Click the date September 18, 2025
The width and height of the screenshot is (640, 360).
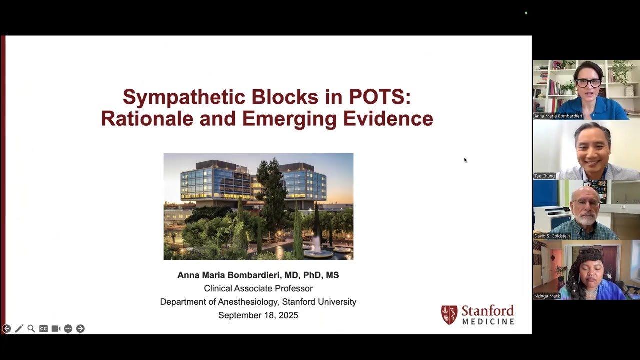tap(258, 315)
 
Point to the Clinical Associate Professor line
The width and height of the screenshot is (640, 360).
tap(258, 288)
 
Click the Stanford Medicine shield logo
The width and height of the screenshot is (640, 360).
tap(449, 315)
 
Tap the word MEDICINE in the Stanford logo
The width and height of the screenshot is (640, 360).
tap(488, 322)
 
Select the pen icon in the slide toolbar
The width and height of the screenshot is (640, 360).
tap(19, 329)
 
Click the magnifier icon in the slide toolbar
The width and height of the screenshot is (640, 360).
tap(31, 329)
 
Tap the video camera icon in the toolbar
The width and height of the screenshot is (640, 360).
tap(56, 329)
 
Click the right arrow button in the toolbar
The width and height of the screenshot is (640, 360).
tap(80, 329)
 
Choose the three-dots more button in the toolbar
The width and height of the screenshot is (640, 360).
tap(68, 329)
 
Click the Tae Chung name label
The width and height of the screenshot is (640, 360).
tap(544, 176)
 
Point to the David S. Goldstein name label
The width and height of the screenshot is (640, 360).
tap(552, 236)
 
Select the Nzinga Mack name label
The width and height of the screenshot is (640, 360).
tap(547, 296)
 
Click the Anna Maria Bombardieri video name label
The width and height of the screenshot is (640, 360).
tap(558, 116)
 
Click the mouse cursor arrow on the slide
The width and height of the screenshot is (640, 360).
tap(465, 160)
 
